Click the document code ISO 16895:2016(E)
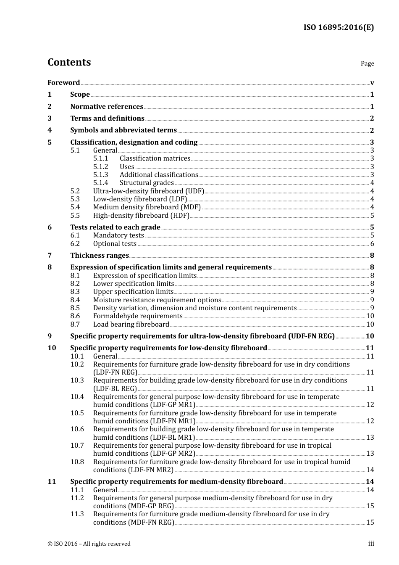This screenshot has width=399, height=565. tap(339, 27)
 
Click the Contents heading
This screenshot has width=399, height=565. tap(69, 62)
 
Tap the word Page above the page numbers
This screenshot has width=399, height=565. tap(367, 63)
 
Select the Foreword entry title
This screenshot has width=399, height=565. tap(63, 82)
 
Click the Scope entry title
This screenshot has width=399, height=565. tap(80, 95)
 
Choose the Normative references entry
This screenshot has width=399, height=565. tap(107, 107)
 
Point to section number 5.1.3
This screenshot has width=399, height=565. tap(100, 174)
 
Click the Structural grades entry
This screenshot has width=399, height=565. tap(147, 183)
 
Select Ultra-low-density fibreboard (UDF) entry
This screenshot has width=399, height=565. tap(148, 191)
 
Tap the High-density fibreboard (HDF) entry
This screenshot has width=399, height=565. tap(141, 216)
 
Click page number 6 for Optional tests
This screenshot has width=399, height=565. tap(372, 244)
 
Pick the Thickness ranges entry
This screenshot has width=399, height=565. tap(100, 256)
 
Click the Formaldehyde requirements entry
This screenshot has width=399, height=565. tap(138, 316)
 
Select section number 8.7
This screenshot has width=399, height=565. tap(75, 325)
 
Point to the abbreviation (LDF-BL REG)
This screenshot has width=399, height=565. tap(115, 389)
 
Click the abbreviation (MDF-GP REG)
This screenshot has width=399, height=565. tap(134, 506)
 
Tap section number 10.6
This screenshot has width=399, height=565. tap(77, 429)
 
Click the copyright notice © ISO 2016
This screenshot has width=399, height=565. tap(89, 544)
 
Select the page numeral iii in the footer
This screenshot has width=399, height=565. tap(371, 544)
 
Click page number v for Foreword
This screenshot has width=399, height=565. tap(372, 83)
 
